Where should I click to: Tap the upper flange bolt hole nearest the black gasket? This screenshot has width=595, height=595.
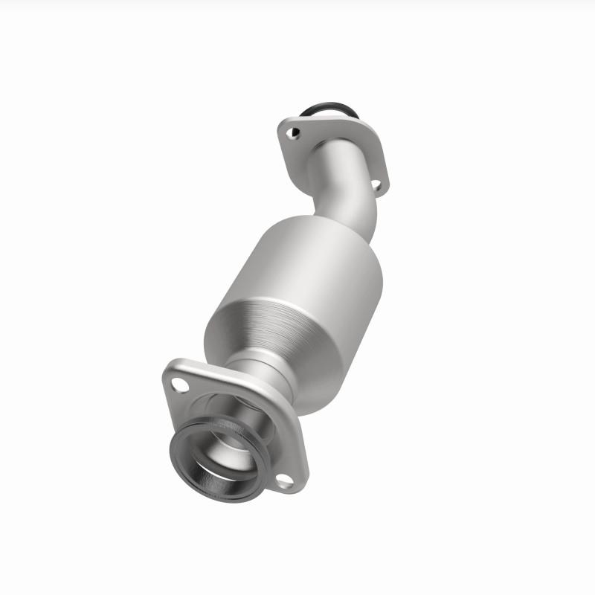coord(296,133)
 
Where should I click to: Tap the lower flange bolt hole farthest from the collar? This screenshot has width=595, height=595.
coord(179,385)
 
